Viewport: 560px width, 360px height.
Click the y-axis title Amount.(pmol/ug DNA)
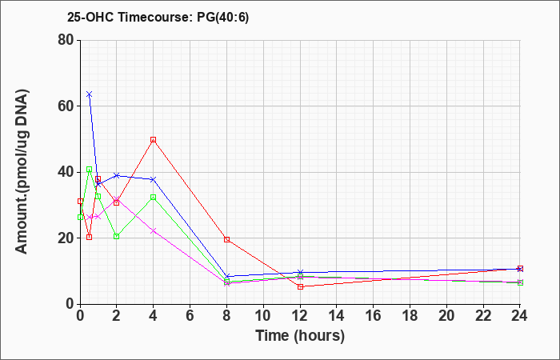[x=22, y=171]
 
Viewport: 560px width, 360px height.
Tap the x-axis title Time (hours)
[x=300, y=336]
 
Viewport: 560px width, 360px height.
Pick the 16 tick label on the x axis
[x=374, y=315]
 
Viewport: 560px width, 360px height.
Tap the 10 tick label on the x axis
[x=263, y=315]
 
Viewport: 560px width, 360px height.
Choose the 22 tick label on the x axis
[x=483, y=315]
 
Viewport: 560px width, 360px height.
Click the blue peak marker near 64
[x=90, y=94]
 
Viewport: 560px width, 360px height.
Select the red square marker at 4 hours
[x=154, y=140]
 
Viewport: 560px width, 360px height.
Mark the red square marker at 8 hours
[x=226, y=239]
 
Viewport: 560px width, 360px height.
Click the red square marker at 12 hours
[x=300, y=286]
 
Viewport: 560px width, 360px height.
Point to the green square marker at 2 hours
[x=117, y=236]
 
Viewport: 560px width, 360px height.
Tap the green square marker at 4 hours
[x=154, y=197]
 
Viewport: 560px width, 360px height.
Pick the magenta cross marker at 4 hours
[x=154, y=230]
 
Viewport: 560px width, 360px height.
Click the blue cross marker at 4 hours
[x=154, y=179]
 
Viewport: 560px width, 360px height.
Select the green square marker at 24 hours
[x=520, y=282]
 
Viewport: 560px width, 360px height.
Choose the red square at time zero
[x=80, y=202]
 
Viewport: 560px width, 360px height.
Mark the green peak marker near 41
[x=90, y=170]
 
